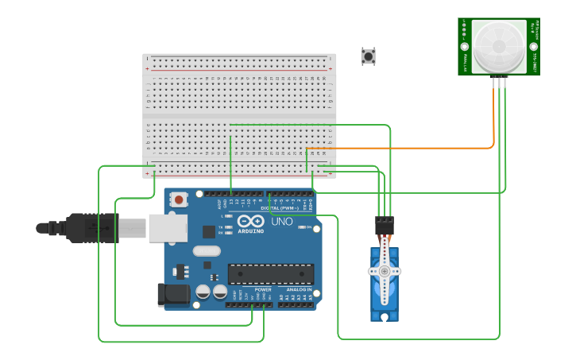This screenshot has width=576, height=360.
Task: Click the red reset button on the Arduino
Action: pos(180,199)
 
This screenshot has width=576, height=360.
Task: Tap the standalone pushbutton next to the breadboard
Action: pos(368,56)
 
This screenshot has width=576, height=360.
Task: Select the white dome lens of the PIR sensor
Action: pos(498,45)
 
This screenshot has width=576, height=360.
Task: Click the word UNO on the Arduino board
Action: pos(283,222)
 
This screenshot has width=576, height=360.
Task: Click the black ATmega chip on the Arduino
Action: pos(270,274)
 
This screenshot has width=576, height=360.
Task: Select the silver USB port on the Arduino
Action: pos(167,228)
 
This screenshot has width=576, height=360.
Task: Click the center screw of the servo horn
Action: pos(385,271)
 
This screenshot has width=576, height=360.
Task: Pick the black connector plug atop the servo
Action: pos(385,225)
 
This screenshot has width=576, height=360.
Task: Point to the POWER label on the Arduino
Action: pos(263,290)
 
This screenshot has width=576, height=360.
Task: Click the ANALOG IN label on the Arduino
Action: pos(299,290)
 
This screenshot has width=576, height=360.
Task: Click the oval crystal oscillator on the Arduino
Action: pos(206,252)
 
